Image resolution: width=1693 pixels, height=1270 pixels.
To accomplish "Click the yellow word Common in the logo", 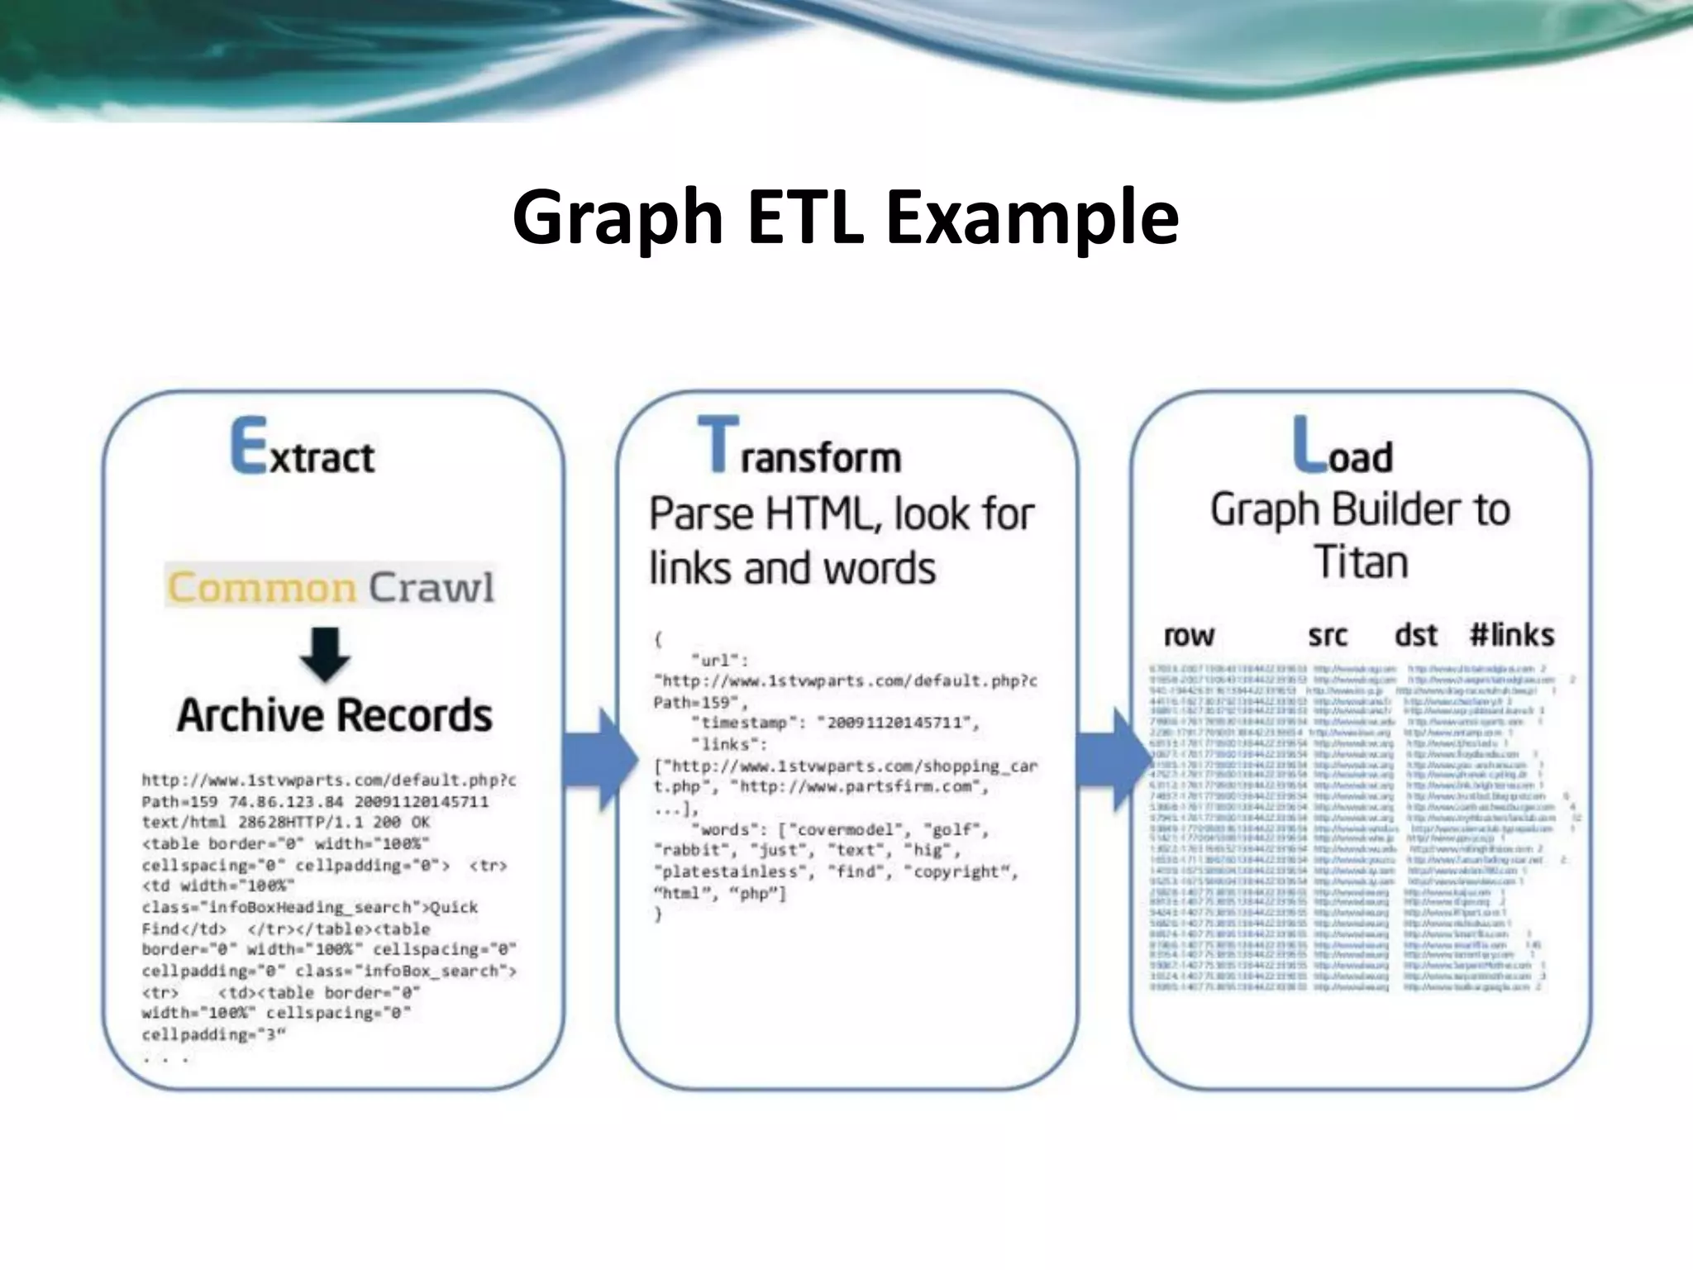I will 262,587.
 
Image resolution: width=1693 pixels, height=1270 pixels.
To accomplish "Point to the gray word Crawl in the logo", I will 431,587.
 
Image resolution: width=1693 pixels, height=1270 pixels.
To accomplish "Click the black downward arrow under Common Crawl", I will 325,654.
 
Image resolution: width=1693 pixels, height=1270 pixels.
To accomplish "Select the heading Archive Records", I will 334,715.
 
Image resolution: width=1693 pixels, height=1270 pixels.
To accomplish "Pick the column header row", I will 1189,635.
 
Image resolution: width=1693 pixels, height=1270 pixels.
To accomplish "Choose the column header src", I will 1328,635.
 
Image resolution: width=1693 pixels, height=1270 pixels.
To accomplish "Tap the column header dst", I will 1416,635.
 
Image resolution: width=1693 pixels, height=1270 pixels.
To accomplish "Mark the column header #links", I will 1512,635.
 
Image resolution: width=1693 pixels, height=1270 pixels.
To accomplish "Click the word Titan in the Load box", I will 1361,562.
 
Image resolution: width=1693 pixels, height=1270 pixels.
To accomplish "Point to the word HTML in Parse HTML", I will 819,514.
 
